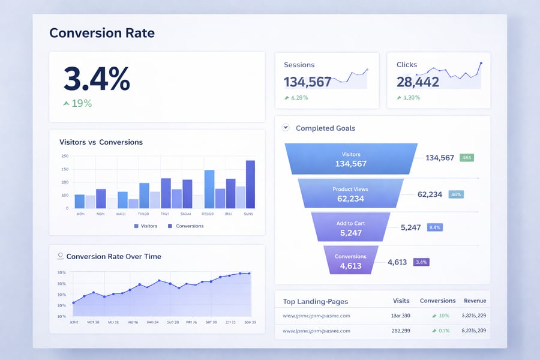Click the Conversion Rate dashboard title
pos(102,32)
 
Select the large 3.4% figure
pos(96,79)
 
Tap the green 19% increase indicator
pos(78,103)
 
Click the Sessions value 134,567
pos(307,82)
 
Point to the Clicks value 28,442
pos(418,82)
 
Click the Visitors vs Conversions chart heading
pos(101,142)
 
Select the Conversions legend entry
pos(185,226)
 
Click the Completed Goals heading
pos(325,128)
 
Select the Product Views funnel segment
pos(350,194)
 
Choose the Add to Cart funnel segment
pos(350,228)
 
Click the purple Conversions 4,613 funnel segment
pos(350,261)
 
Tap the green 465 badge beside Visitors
pos(467,158)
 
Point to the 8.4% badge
pos(434,227)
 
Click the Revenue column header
pos(475,301)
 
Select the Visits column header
pos(401,301)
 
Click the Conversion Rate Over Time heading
pos(113,256)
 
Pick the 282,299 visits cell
pos(401,331)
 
